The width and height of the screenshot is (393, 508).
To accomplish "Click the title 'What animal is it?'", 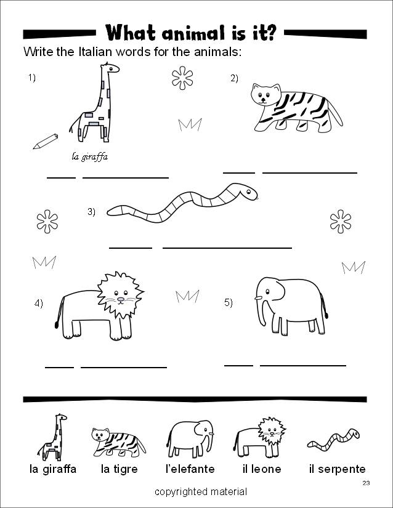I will (x=190, y=31).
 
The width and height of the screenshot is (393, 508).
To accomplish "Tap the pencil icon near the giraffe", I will (x=45, y=141).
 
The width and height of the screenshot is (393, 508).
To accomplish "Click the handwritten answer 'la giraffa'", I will (x=90, y=156).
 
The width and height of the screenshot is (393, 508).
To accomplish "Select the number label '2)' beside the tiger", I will (x=234, y=78).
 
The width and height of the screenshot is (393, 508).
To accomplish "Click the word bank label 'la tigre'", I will (x=119, y=469).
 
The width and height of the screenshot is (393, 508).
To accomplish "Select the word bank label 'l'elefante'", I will (x=190, y=469).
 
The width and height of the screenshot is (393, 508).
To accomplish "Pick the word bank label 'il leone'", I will (x=262, y=469).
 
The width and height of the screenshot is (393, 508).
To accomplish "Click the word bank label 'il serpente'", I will (x=337, y=469).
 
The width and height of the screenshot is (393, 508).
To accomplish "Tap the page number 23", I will (x=366, y=483).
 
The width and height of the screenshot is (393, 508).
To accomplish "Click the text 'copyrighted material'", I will (x=201, y=492).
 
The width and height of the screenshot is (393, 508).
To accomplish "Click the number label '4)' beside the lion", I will (x=39, y=303).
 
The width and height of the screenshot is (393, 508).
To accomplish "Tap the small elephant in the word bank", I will (x=190, y=437).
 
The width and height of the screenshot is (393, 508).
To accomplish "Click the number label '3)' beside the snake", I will (x=91, y=212).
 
